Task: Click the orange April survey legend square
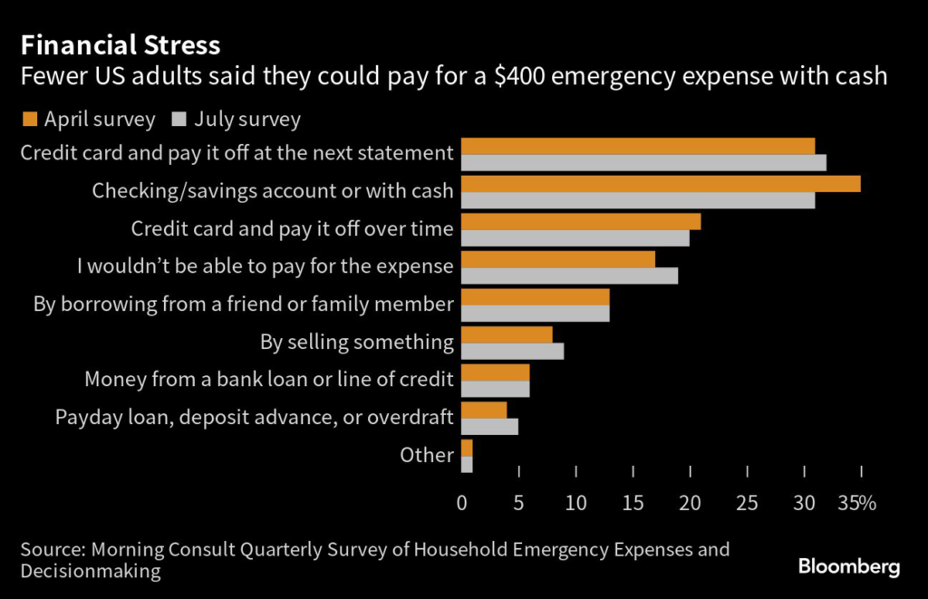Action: (28, 119)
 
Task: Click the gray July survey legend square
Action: (178, 119)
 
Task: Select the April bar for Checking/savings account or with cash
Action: (661, 184)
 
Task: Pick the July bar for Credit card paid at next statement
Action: (643, 163)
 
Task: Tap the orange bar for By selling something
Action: (507, 334)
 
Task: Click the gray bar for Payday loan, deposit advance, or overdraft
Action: (489, 426)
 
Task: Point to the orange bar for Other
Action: (467, 448)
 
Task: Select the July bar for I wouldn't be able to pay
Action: (569, 275)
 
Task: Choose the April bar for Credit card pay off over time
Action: (581, 221)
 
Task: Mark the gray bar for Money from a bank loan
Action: (495, 389)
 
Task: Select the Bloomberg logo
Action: (849, 567)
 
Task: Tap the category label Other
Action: (426, 455)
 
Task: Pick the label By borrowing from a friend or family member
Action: (243, 304)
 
